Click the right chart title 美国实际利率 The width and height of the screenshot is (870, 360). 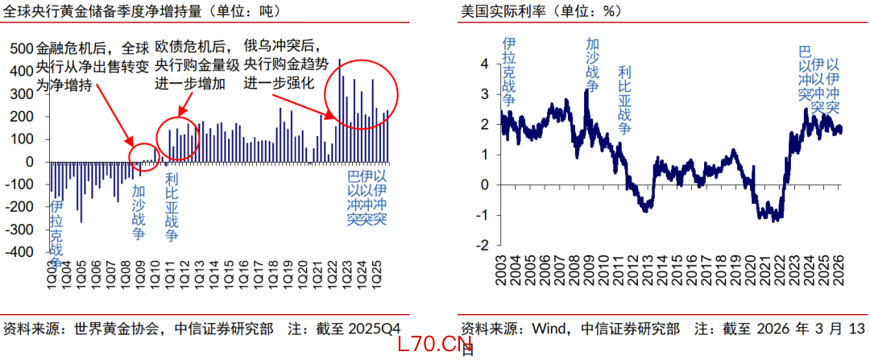(503, 11)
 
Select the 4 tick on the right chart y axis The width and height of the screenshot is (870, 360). (484, 64)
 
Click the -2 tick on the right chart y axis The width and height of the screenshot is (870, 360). (482, 245)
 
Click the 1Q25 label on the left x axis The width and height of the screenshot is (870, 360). (376, 274)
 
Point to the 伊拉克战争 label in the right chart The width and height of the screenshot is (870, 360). (508, 72)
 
